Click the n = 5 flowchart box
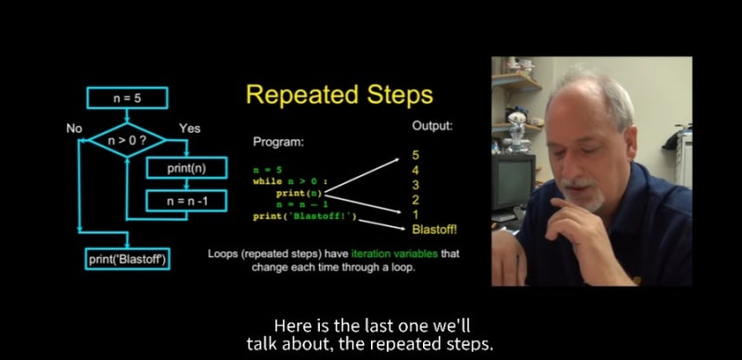127,98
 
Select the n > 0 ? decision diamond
127,140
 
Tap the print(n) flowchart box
186,168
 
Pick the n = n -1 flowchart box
186,201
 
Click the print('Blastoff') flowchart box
127,260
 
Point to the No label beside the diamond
74,128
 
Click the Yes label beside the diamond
190,128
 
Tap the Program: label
278,142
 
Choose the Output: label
432,126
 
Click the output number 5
416,155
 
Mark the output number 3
416,185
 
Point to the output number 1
416,215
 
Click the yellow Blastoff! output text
435,230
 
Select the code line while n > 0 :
290,181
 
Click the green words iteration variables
395,254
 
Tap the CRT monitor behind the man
513,182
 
